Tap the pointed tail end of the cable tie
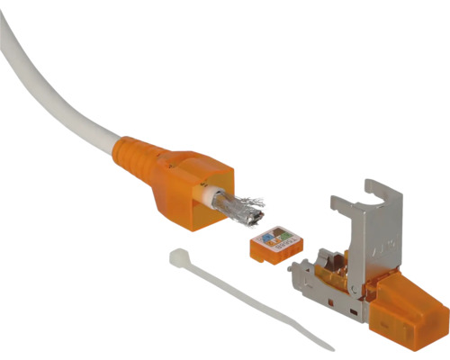pos(328,346)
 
